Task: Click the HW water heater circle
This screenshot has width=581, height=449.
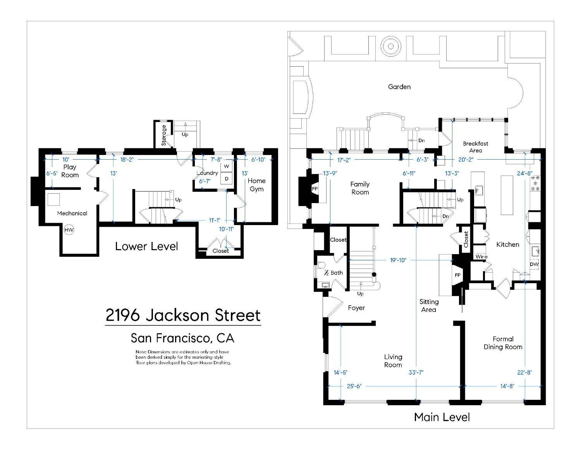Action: click(x=69, y=230)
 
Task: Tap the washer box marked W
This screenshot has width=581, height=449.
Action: click(x=227, y=167)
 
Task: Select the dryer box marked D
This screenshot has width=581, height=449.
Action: click(x=227, y=179)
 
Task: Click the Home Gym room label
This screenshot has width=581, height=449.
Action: click(x=256, y=185)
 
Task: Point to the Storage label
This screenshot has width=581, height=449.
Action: click(x=164, y=135)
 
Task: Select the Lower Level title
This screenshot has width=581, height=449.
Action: click(x=146, y=246)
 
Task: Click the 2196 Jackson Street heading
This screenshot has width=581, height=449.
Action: click(x=183, y=315)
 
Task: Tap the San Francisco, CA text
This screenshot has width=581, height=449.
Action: click(x=182, y=338)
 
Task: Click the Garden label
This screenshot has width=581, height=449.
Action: click(x=399, y=87)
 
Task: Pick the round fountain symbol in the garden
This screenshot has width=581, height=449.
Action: click(x=390, y=47)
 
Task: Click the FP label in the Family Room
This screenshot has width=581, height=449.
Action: click(x=315, y=189)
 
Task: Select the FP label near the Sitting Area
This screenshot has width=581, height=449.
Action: click(x=457, y=275)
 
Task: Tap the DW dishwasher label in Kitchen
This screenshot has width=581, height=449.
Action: click(x=534, y=264)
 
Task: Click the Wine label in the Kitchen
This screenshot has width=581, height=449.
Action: click(x=481, y=256)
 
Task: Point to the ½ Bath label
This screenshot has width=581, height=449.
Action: click(x=333, y=273)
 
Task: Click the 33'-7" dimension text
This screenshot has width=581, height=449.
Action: click(x=416, y=372)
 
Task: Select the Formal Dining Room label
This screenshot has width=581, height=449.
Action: click(x=503, y=343)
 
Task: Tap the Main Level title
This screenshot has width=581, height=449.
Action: click(x=442, y=417)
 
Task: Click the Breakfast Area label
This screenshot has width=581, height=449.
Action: click(x=475, y=147)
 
